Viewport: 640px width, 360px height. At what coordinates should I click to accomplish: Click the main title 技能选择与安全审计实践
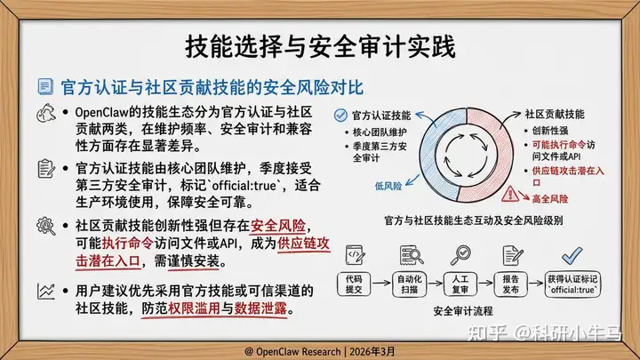click(x=320, y=47)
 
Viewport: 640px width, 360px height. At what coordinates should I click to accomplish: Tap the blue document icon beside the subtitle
click(x=45, y=86)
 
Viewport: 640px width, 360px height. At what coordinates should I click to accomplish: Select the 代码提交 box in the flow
click(x=354, y=284)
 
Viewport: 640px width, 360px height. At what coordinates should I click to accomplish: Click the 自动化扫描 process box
click(x=410, y=284)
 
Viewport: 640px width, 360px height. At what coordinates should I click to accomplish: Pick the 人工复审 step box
click(x=460, y=284)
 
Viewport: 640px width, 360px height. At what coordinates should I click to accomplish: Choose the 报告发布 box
click(x=510, y=284)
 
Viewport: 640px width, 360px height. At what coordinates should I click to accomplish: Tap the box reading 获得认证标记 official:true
click(x=572, y=284)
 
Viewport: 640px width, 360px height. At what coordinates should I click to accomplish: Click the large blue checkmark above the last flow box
click(x=572, y=255)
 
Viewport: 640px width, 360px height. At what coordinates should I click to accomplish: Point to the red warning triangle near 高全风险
click(x=510, y=194)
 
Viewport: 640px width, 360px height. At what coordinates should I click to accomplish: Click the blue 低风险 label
click(x=388, y=186)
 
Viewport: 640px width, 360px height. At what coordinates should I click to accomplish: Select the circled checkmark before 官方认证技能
click(x=340, y=116)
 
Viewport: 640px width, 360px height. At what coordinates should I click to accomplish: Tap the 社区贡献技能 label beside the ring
click(x=555, y=115)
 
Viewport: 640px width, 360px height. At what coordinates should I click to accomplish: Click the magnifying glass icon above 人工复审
click(x=460, y=255)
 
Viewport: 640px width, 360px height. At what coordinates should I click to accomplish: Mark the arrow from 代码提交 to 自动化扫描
click(x=381, y=283)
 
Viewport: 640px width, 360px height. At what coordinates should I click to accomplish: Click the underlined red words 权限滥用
click(x=195, y=308)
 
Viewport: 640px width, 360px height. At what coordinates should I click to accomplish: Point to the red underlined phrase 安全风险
click(x=278, y=226)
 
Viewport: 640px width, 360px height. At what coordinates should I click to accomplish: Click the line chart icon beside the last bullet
click(x=46, y=292)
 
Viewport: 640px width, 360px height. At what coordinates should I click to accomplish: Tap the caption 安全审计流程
click(x=463, y=311)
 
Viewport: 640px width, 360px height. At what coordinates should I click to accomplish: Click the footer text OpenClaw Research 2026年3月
click(x=320, y=351)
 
